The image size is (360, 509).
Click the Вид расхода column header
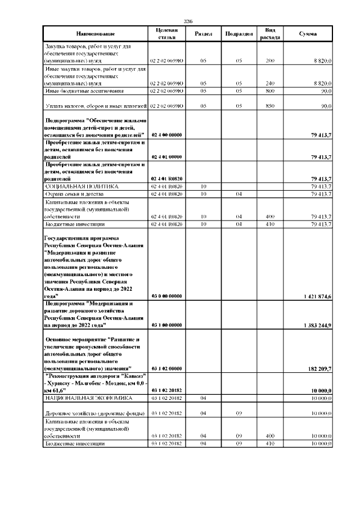(269, 34)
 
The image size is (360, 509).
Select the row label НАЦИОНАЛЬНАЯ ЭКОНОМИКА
(88, 398)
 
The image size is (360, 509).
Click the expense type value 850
(269, 106)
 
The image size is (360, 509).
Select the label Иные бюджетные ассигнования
(84, 90)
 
